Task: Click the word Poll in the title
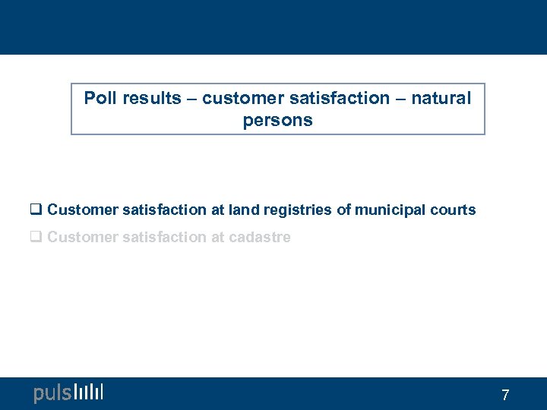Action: coord(99,98)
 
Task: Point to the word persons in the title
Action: coord(277,121)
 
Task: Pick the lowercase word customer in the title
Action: coord(240,98)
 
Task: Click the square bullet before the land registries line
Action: coord(37,210)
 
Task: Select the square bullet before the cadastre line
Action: coord(37,238)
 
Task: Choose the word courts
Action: coord(453,210)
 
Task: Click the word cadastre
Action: coord(261,238)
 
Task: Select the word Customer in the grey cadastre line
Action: coord(77,238)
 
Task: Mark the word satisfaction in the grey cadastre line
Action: coord(160,238)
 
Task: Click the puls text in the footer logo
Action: coord(52,393)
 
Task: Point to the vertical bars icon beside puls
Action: coord(89,392)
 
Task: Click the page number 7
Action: coord(505,395)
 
